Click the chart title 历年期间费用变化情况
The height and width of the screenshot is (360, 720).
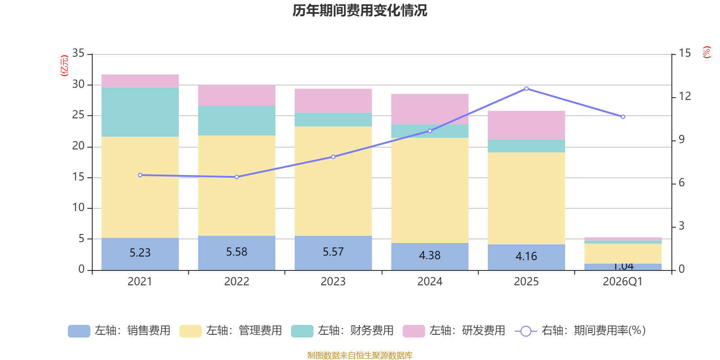coord(360,10)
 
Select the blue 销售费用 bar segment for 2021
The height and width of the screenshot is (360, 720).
coord(140,254)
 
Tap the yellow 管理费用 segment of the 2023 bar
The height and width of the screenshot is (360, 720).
coord(333,181)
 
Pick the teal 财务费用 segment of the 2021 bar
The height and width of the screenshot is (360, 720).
coord(140,112)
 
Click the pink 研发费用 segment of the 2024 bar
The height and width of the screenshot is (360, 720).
coord(430,109)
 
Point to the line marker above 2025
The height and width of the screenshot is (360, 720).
coord(526,89)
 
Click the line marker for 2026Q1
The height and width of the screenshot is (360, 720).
coord(623,117)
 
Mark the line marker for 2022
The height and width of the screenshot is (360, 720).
coord(237,177)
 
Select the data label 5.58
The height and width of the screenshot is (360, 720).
coord(237,252)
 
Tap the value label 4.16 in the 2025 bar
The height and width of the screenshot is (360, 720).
coord(526,256)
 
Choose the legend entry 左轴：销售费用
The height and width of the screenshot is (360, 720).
coord(119,331)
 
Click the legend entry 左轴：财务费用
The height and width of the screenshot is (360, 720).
coord(342,331)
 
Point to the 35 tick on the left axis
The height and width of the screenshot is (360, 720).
coord(78,54)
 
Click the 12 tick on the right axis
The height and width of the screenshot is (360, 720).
coord(685,96)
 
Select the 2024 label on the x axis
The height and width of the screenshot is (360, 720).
coord(430,282)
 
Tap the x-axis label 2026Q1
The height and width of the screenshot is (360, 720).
coord(622,282)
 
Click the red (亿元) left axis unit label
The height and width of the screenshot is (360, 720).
coord(64,66)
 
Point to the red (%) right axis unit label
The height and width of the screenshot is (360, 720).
coord(707,52)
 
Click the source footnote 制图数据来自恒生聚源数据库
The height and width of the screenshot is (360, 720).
coord(360,355)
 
